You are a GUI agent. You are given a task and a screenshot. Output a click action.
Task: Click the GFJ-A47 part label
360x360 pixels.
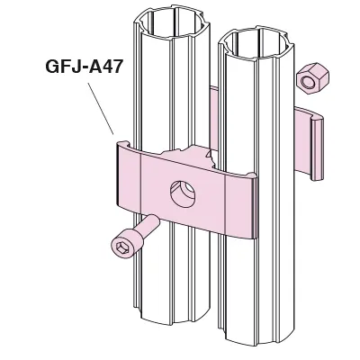click(85, 67)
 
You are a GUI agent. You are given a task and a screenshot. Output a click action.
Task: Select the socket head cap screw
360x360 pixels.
click(134, 238)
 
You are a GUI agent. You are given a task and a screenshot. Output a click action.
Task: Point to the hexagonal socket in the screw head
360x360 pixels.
click(123, 247)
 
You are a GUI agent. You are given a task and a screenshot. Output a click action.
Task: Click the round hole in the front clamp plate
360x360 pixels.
click(184, 193)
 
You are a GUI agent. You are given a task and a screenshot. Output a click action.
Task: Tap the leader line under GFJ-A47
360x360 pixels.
click(101, 109)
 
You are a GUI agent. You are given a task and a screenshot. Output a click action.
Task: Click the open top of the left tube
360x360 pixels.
click(171, 22)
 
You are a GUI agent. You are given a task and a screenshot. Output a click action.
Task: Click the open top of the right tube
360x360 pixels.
click(256, 44)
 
